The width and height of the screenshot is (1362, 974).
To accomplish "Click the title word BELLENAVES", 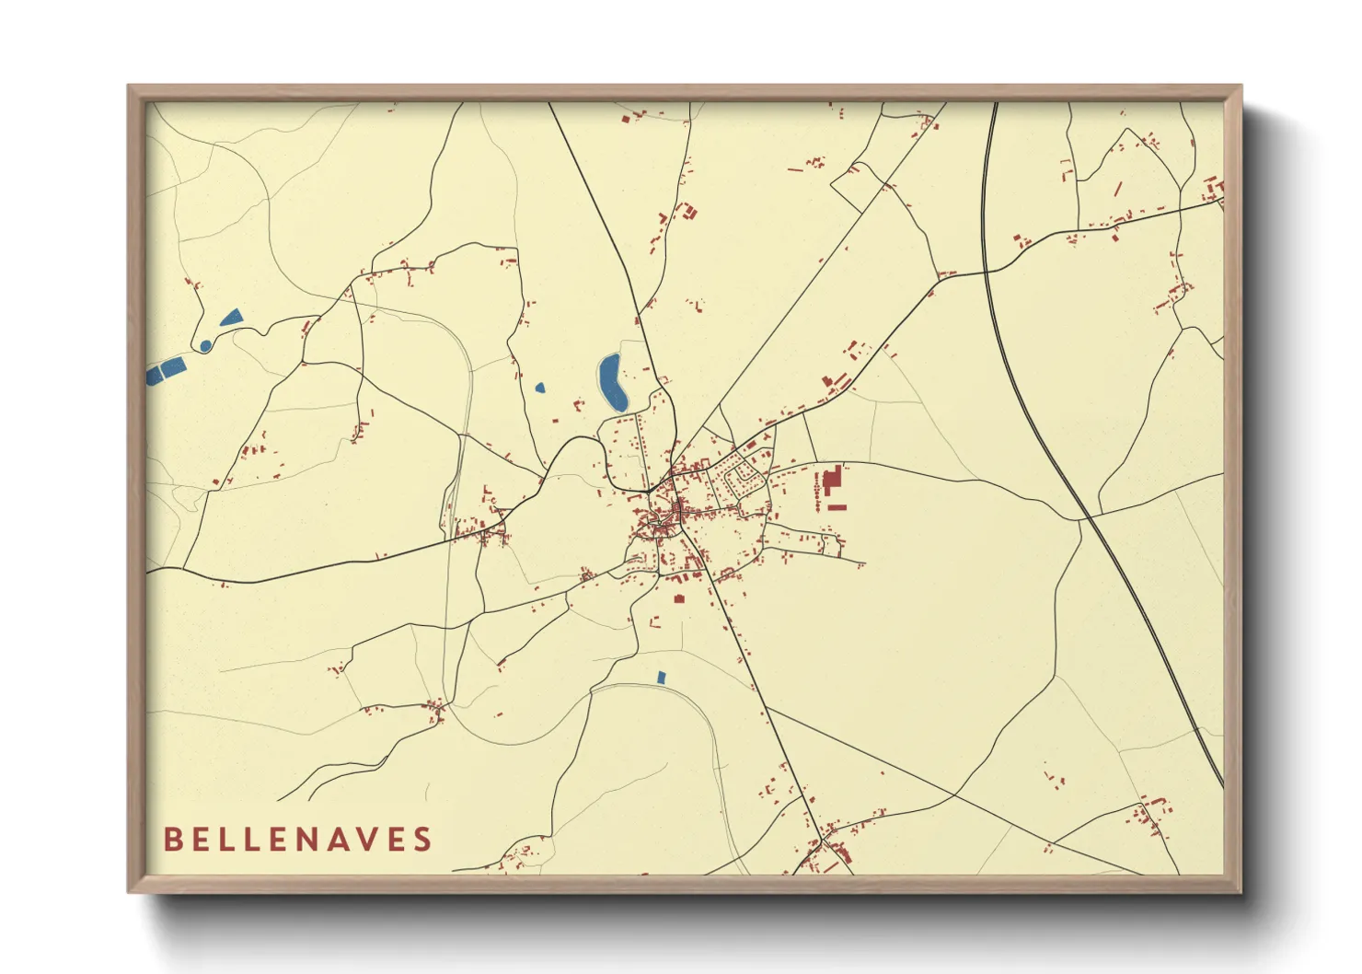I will click(x=297, y=840).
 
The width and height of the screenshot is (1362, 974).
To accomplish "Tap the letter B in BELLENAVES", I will click(x=171, y=840).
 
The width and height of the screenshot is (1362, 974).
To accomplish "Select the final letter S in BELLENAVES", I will click(x=423, y=840).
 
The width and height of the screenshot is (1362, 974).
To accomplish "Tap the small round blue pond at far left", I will click(x=205, y=346).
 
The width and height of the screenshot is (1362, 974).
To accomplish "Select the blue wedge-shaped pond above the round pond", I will click(x=231, y=318).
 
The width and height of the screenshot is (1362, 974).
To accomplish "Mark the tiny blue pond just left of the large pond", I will click(x=539, y=388).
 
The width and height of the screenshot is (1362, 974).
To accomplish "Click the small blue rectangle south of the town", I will click(x=661, y=678).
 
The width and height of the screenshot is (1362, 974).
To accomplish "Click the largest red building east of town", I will click(x=832, y=481).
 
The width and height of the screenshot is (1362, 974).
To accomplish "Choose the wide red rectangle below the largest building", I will click(x=837, y=506).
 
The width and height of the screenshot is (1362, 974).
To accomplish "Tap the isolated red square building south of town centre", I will click(x=679, y=598).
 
